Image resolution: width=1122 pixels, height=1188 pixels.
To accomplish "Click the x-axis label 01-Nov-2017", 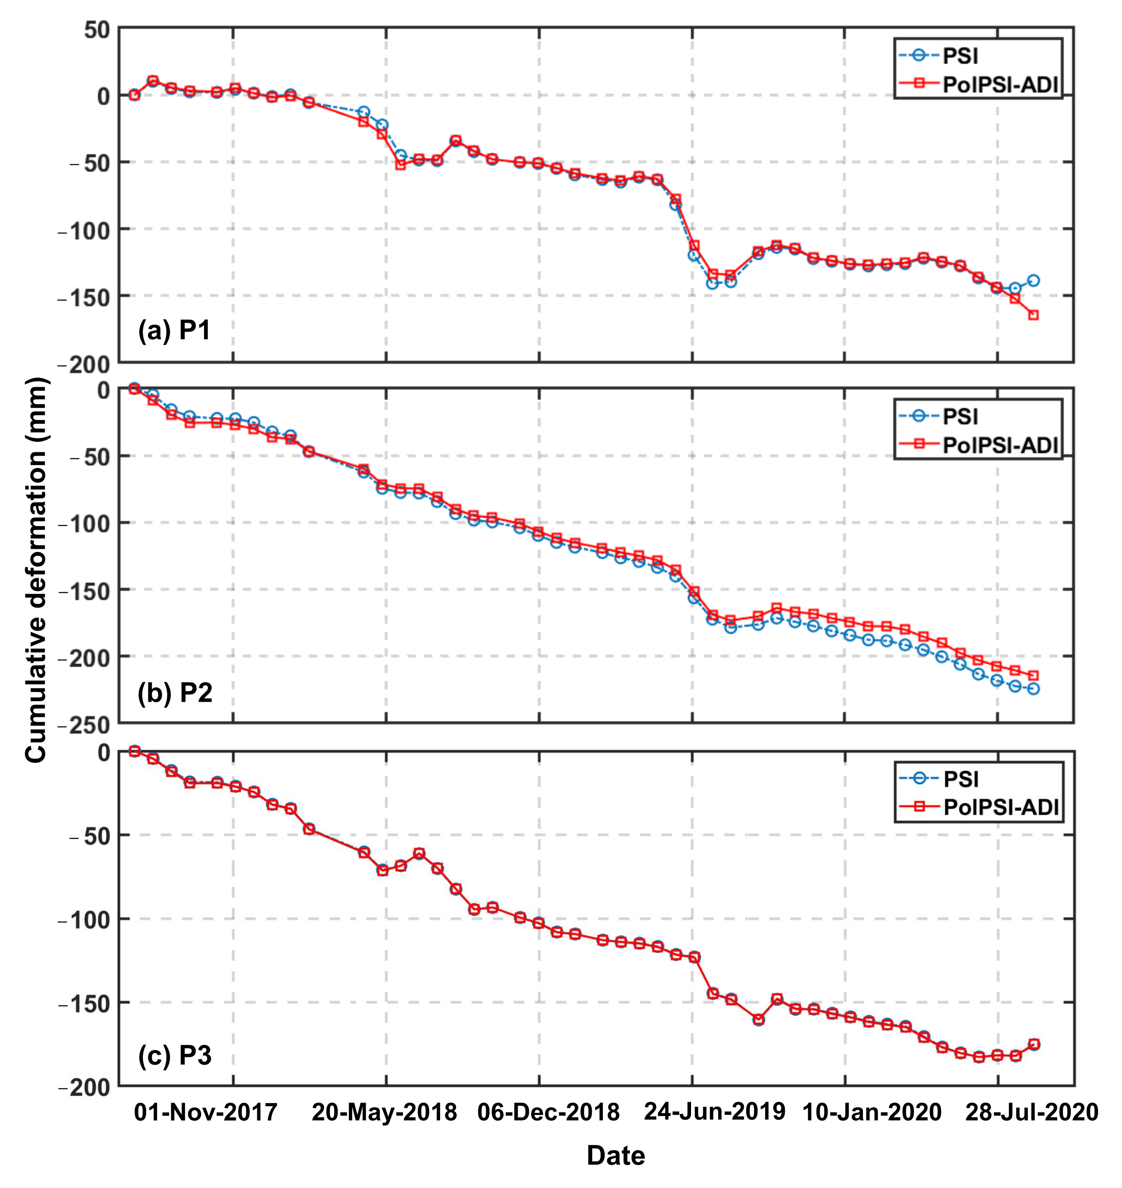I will [205, 1113].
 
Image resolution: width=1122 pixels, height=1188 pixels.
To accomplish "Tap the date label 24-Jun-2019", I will [715, 1112].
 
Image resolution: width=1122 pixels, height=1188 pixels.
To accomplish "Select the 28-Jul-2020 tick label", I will [1032, 1113].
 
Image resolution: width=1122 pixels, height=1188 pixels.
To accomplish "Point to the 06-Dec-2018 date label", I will [549, 1113].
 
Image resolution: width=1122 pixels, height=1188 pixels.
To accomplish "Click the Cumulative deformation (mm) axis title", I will [36, 570].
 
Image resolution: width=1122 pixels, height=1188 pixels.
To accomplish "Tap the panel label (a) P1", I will [174, 330].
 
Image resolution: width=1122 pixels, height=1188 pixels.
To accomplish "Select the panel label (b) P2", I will [175, 693].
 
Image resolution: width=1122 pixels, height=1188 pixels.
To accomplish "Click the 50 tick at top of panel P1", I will [97, 29].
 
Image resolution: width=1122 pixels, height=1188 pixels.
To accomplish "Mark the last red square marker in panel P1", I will [1033, 315].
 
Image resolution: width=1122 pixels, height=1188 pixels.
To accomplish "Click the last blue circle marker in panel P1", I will [1033, 281].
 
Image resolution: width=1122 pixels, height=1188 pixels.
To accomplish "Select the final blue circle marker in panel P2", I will [1033, 689].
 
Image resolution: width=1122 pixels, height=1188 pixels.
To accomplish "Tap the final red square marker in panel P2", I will [1033, 676].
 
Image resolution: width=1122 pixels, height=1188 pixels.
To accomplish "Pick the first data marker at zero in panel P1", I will [135, 95].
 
